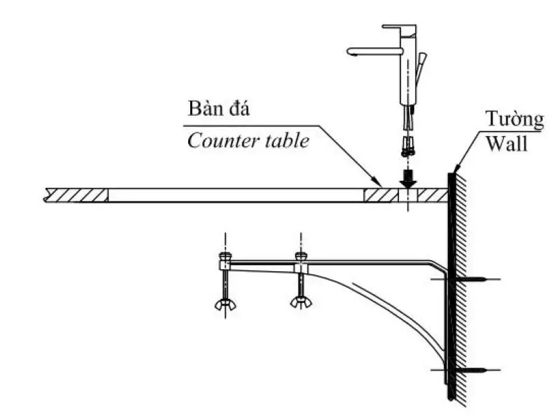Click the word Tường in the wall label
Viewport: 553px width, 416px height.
pyautogui.click(x=513, y=119)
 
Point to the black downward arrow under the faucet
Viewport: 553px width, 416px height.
pyautogui.click(x=409, y=177)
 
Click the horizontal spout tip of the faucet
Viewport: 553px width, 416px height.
pyautogui.click(x=351, y=51)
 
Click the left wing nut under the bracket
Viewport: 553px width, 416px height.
pyautogui.click(x=225, y=303)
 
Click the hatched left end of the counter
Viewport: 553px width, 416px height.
pyautogui.click(x=76, y=195)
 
